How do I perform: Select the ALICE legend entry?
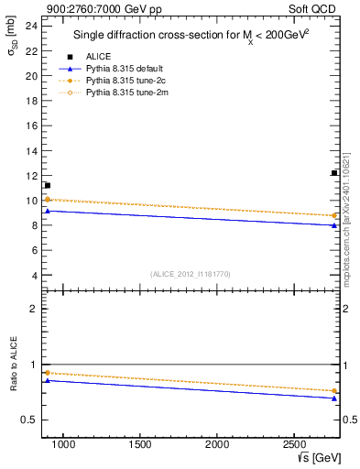[98, 57]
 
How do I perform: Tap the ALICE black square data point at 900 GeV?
[47, 186]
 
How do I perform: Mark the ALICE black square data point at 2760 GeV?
[334, 173]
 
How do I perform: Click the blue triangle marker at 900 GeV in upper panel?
[47, 211]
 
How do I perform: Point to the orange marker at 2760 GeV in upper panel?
[334, 215]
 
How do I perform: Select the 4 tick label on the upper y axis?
[33, 276]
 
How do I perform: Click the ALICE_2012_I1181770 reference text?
[190, 274]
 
